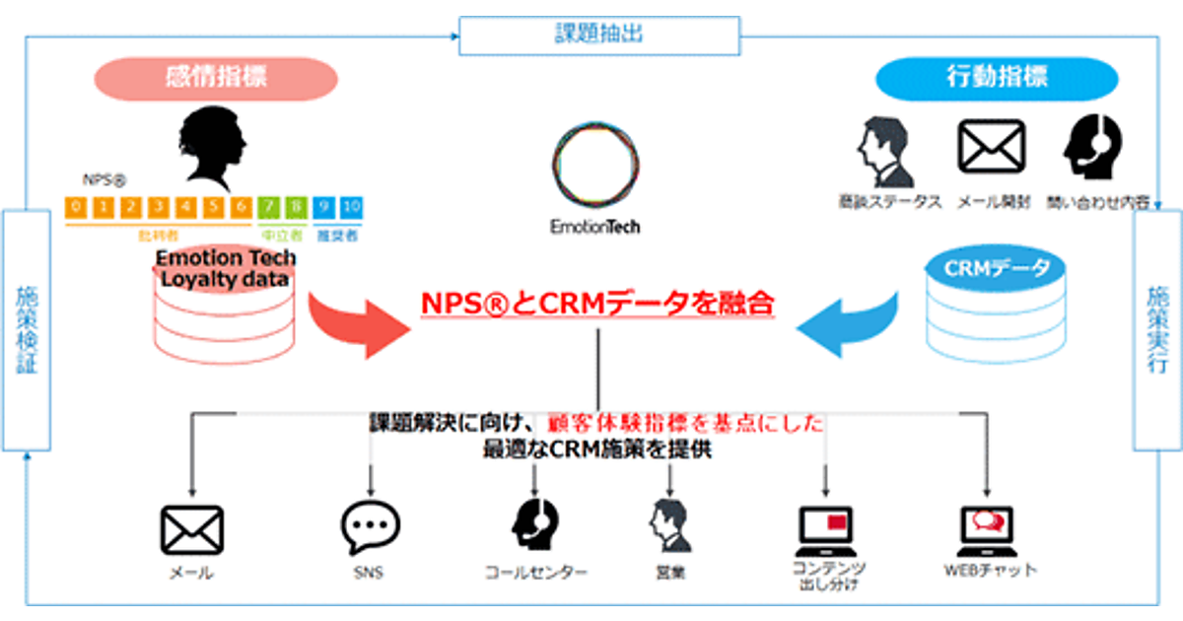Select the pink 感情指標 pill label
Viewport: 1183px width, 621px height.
(x=216, y=79)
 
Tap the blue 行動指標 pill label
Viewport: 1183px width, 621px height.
(x=997, y=79)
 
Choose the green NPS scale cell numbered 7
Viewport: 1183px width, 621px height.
(x=270, y=208)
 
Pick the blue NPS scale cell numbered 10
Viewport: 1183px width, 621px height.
(x=352, y=208)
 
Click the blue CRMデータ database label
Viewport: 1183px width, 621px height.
(x=997, y=269)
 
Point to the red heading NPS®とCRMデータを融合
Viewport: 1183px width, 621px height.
(x=596, y=305)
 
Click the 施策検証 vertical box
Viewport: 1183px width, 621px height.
(x=25, y=330)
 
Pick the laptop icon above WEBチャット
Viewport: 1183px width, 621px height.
(x=987, y=529)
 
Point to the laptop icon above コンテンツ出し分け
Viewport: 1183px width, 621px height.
(x=828, y=529)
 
